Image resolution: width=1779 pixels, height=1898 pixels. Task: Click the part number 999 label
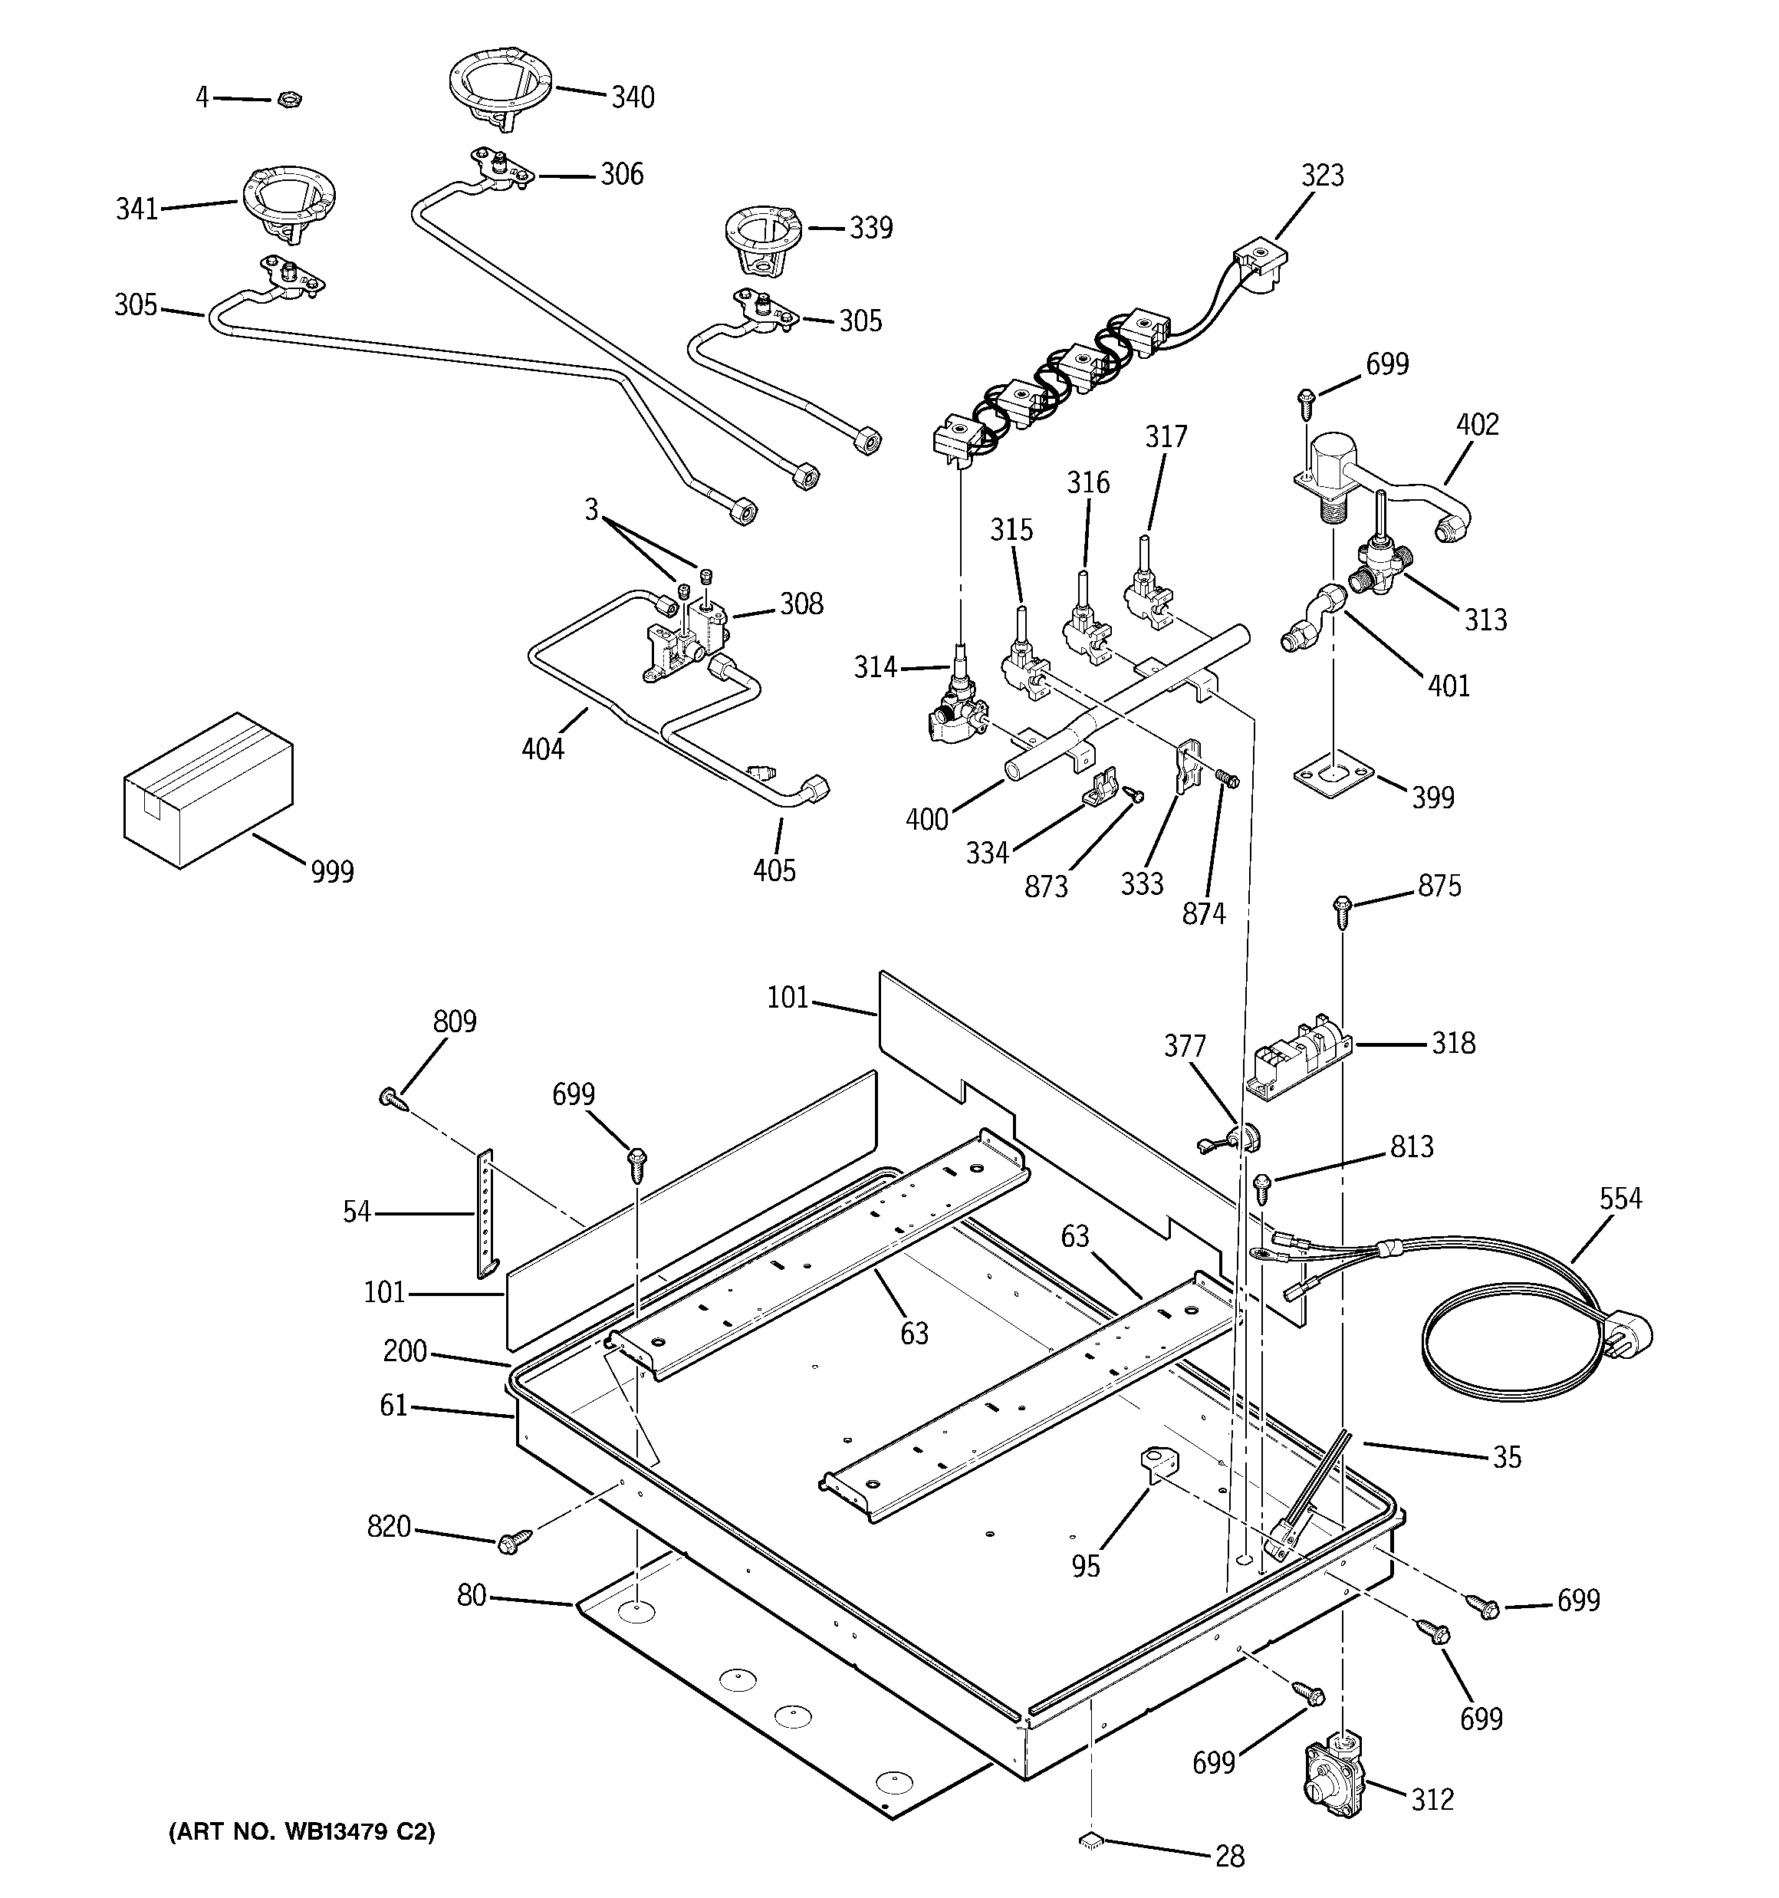(x=331, y=872)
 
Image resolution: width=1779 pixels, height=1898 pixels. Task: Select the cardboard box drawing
(x=207, y=790)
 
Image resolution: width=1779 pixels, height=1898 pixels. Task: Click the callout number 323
(x=1321, y=176)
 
